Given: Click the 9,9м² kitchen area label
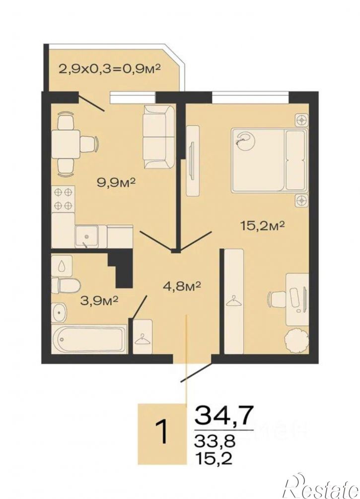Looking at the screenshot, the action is (116, 183).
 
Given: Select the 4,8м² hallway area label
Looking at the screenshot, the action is (181, 287).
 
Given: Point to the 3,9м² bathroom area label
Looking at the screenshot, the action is (99, 300).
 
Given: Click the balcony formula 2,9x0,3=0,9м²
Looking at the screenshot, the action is (109, 69).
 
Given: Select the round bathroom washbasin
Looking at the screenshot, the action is (59, 313).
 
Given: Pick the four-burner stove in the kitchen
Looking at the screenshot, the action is (63, 199).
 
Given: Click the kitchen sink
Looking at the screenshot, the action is (86, 236).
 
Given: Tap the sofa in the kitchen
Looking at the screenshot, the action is (158, 137).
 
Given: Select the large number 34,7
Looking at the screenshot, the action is (224, 416).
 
